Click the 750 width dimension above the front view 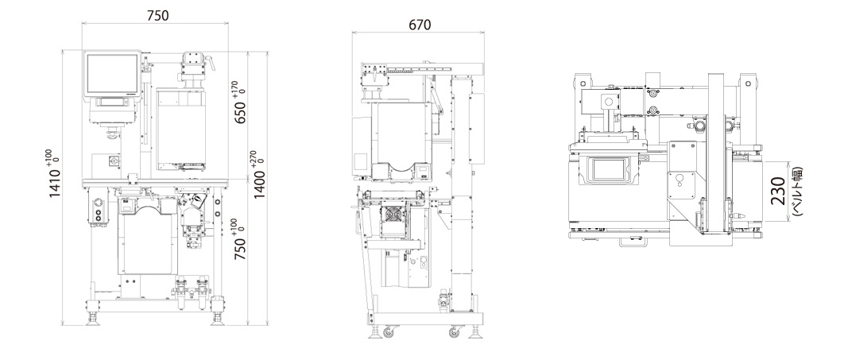(x=157, y=16)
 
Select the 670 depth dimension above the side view (x=420, y=25)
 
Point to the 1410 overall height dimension (x=55, y=183)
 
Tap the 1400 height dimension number (x=260, y=184)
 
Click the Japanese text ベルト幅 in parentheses (x=798, y=191)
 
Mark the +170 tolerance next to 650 (x=235, y=87)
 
